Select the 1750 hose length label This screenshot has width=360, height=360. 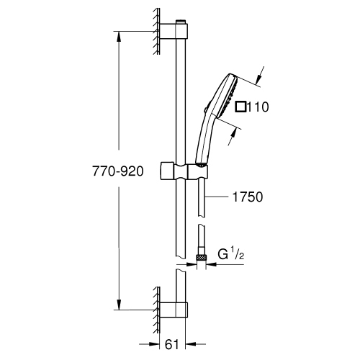pos(244,195)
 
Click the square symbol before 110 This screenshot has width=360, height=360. pos(240,107)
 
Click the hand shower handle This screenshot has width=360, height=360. pos(203,140)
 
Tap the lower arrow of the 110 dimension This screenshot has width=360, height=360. pos(234,128)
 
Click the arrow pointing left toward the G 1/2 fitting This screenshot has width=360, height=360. pos(210,264)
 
